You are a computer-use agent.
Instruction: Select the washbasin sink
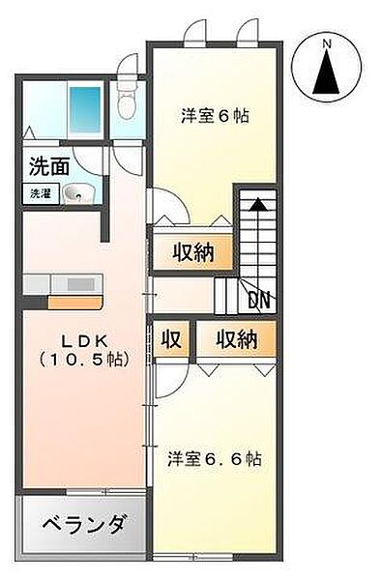(x=78, y=194)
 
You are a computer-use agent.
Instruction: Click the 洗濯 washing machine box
(x=41, y=194)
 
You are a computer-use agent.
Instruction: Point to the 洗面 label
(x=49, y=166)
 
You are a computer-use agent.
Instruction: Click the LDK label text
(x=84, y=341)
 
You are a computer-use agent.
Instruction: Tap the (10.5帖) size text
(x=84, y=359)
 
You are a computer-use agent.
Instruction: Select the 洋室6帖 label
(x=215, y=117)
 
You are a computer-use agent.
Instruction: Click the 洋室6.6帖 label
(x=215, y=459)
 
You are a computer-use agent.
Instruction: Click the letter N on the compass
(x=326, y=44)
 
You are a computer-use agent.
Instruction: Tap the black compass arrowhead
(x=326, y=72)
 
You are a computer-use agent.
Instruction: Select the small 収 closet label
(x=171, y=339)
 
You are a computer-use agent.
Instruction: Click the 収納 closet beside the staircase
(x=193, y=253)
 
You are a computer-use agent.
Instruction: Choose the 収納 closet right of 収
(x=237, y=339)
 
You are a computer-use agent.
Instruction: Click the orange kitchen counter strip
(x=75, y=303)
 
